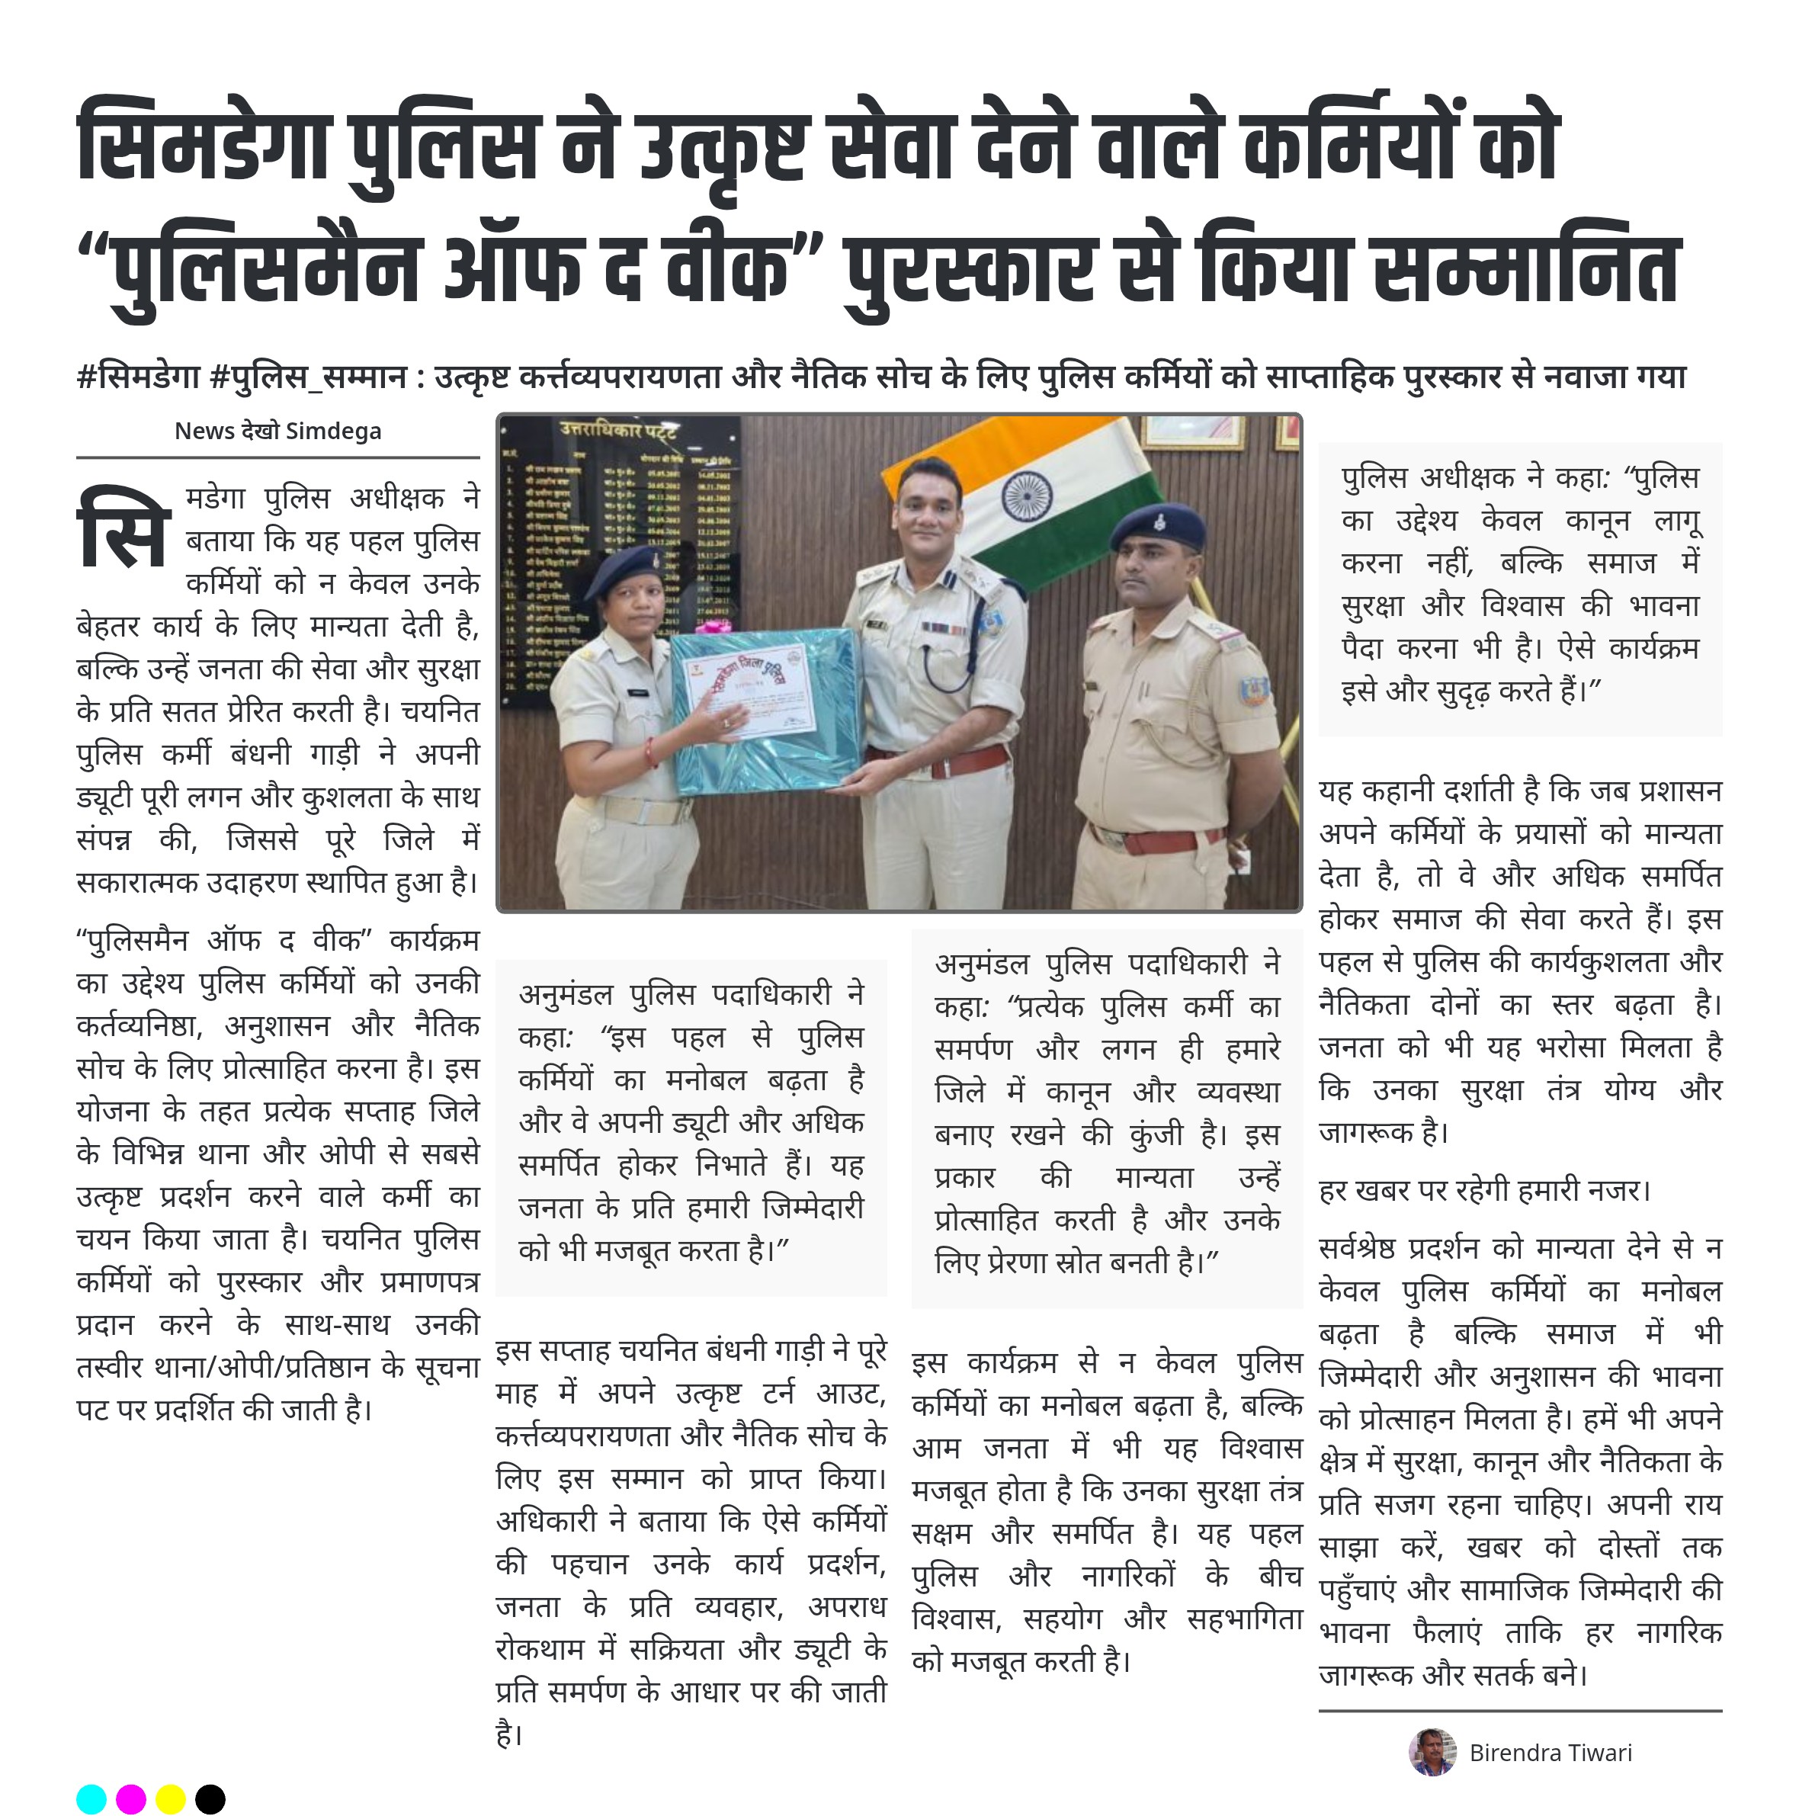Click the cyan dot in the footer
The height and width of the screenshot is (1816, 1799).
pyautogui.click(x=91, y=1798)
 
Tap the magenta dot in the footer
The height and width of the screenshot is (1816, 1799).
pyautogui.click(x=130, y=1798)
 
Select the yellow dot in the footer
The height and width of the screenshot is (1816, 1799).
pyautogui.click(x=170, y=1798)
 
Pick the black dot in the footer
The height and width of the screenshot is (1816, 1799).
pyautogui.click(x=210, y=1798)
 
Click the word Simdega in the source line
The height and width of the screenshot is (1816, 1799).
pyautogui.click(x=334, y=431)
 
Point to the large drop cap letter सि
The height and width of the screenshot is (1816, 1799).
pyautogui.click(x=123, y=528)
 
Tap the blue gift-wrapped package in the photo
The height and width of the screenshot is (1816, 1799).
pyautogui.click(x=766, y=710)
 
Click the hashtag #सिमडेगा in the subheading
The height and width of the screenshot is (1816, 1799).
pyautogui.click(x=138, y=377)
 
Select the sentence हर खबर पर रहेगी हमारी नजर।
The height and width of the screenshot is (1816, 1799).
pyautogui.click(x=1484, y=1190)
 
